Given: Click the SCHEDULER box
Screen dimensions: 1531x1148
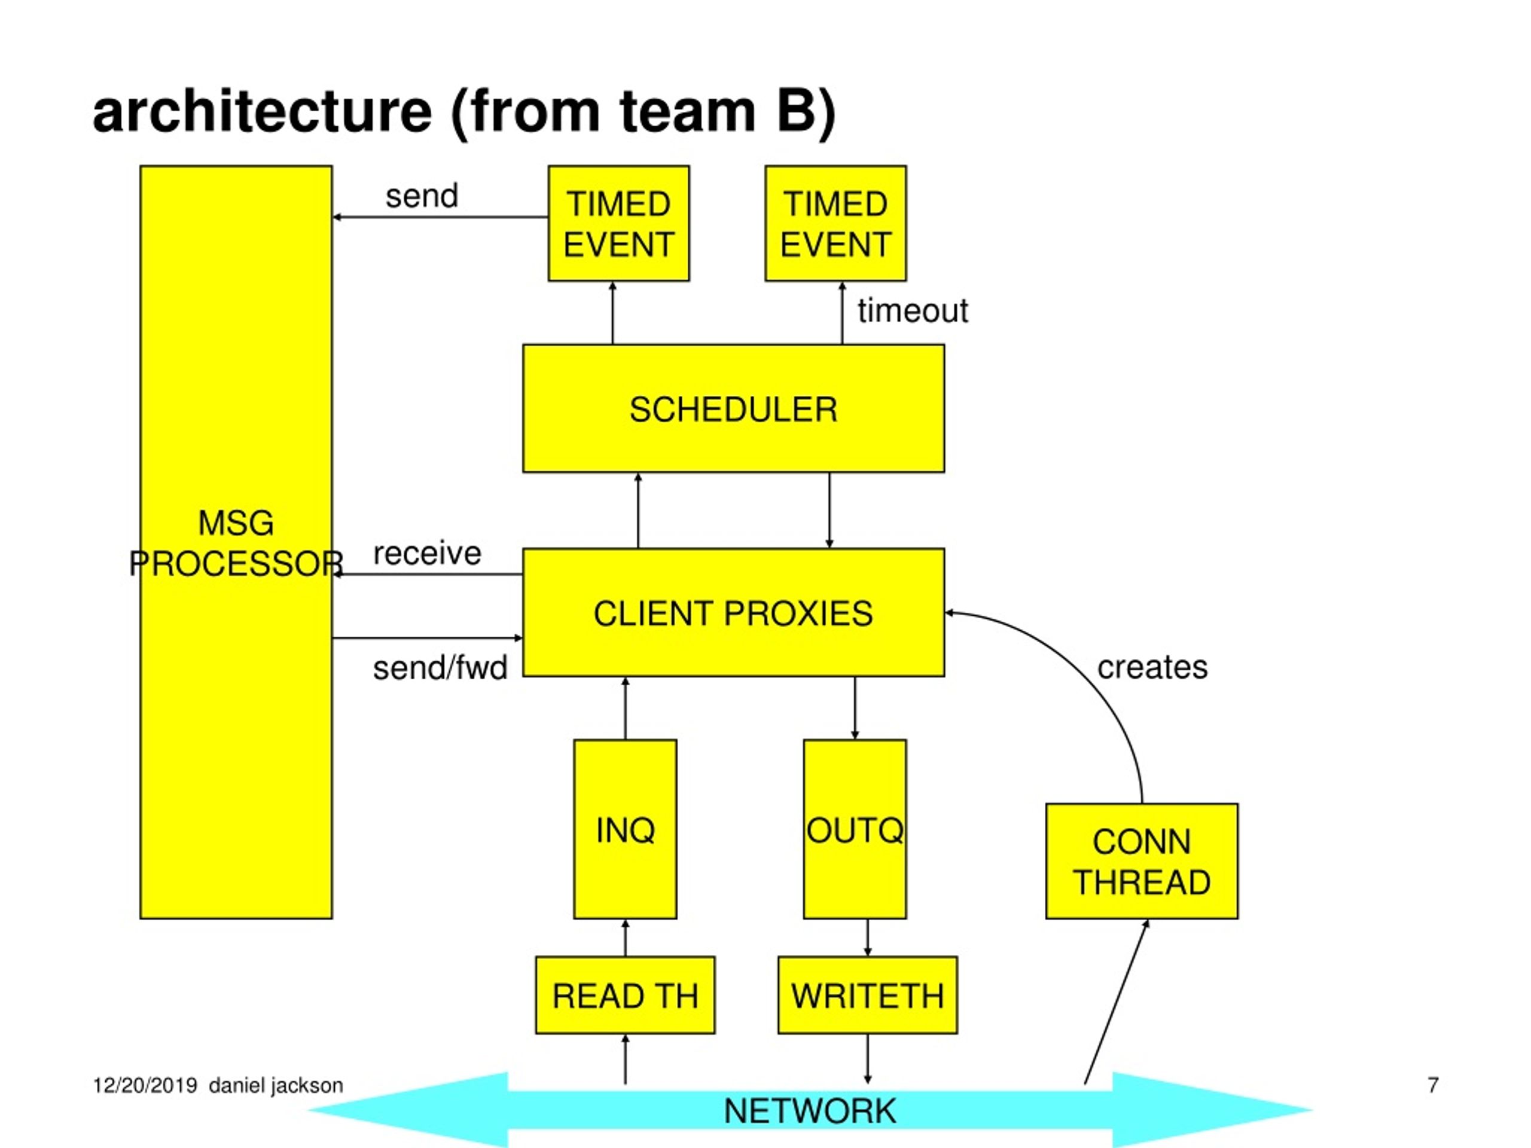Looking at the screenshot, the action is pyautogui.click(x=734, y=408).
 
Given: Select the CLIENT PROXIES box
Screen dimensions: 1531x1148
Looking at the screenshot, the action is pyautogui.click(x=734, y=612).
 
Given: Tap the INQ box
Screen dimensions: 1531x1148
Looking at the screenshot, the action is pyautogui.click(x=625, y=829).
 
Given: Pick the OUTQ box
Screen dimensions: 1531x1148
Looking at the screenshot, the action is pyautogui.click(x=855, y=829).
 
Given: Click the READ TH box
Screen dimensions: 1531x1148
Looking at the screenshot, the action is pyautogui.click(x=625, y=995).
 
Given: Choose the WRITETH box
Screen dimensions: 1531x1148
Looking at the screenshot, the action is pyautogui.click(x=868, y=995).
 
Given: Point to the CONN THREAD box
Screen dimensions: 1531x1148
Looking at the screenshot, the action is pyautogui.click(x=1142, y=861).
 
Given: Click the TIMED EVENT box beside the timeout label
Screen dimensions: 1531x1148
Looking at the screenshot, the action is pyautogui.click(x=835, y=223).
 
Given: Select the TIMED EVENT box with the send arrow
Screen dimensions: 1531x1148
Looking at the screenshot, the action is pyautogui.click(x=619, y=223).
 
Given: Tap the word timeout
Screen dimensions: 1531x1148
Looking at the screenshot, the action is pyautogui.click(x=913, y=311).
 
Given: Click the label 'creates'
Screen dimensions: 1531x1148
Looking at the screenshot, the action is pyautogui.click(x=1152, y=667).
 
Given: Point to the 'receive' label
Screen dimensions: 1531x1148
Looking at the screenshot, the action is pyautogui.click(x=427, y=553).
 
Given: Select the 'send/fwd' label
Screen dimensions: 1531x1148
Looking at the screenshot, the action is pyautogui.click(x=440, y=668).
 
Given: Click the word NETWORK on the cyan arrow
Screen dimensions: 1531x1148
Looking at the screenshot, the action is pyautogui.click(x=810, y=1112).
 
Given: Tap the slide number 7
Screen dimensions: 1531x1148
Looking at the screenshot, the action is pyautogui.click(x=1433, y=1085).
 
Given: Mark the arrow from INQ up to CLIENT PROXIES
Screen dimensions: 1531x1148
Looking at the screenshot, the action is pyautogui.click(x=625, y=708).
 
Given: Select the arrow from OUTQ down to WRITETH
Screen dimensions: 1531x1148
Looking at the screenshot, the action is pyautogui.click(x=868, y=938).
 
